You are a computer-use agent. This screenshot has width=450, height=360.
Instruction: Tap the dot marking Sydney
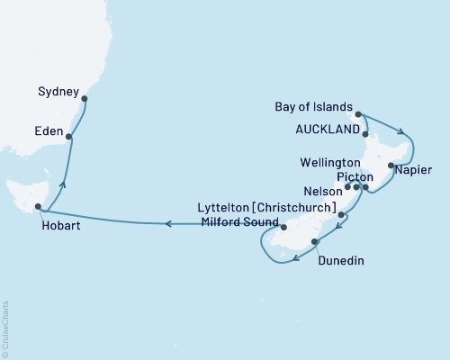(x=84, y=100)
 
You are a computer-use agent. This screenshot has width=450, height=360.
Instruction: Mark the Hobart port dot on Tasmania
(x=38, y=207)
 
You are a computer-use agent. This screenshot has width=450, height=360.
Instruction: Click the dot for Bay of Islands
(x=358, y=114)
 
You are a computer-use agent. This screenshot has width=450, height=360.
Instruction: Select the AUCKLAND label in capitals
(x=329, y=129)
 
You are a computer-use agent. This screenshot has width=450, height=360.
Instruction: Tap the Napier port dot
(x=391, y=166)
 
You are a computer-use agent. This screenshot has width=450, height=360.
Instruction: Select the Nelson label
(x=323, y=191)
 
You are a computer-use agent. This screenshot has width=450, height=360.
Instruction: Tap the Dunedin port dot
(x=314, y=241)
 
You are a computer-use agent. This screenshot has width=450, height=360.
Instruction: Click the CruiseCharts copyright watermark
(x=5, y=329)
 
